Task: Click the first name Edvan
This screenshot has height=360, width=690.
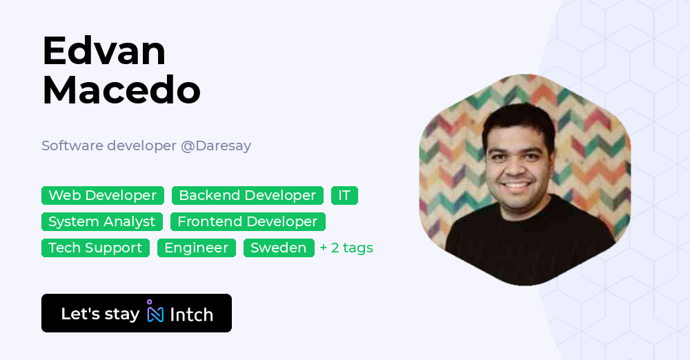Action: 103,51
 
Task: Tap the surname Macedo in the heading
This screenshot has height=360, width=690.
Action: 121,90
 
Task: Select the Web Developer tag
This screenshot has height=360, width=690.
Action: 102,196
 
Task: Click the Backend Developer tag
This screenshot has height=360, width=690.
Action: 247,196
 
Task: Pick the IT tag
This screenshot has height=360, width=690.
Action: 344,196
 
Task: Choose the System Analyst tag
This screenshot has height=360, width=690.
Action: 101,222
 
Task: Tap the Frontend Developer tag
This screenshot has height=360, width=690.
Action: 247,222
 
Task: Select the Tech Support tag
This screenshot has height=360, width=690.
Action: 95,248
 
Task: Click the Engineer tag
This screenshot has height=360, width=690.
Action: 196,248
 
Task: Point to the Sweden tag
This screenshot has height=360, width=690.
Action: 278,248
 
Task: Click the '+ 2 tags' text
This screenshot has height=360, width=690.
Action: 346,248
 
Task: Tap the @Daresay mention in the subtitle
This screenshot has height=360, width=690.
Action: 215,146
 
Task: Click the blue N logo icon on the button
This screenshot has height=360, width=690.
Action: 155,314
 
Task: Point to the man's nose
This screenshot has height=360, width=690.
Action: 517,166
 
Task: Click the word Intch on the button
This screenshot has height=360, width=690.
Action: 191,314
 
